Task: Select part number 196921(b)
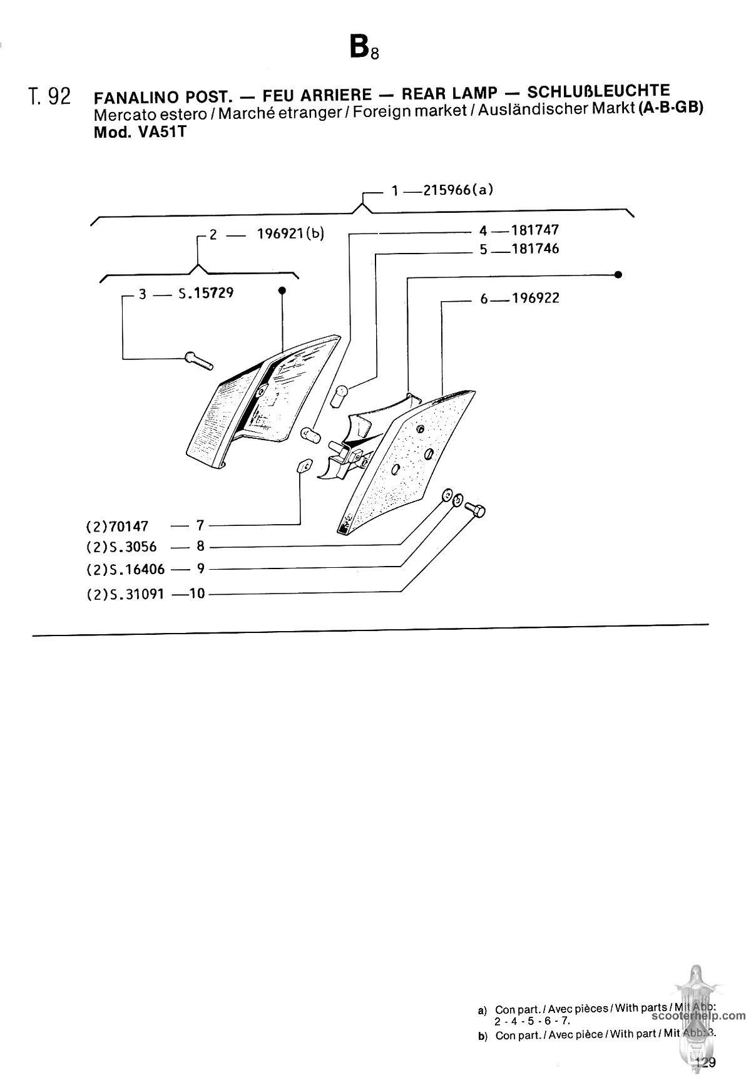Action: coord(291,234)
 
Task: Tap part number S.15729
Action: coord(206,292)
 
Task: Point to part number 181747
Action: coord(535,230)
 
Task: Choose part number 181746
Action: coord(535,249)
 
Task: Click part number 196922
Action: coord(536,298)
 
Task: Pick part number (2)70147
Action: coord(118,527)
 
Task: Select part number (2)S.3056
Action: coord(121,547)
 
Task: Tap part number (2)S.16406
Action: coord(126,570)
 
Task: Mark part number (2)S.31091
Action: coord(126,594)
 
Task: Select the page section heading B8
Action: coord(364,47)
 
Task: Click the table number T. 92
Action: coord(49,97)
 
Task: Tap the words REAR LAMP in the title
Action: coord(449,94)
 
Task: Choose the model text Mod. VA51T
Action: coord(140,133)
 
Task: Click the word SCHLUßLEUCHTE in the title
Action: coord(599,91)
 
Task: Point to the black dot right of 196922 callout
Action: coord(618,275)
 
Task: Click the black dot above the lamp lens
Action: coord(282,291)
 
